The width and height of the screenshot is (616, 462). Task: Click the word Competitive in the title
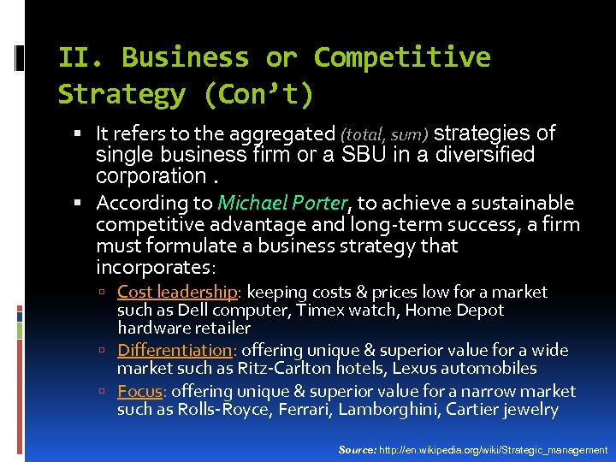coord(401,57)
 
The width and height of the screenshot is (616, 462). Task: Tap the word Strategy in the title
coord(121,94)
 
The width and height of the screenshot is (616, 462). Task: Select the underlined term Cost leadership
coord(177,292)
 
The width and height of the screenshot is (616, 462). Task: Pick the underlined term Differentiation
coord(175,350)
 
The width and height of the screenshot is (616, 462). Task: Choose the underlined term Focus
coord(139,391)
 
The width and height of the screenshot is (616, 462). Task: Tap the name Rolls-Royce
coord(219,410)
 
